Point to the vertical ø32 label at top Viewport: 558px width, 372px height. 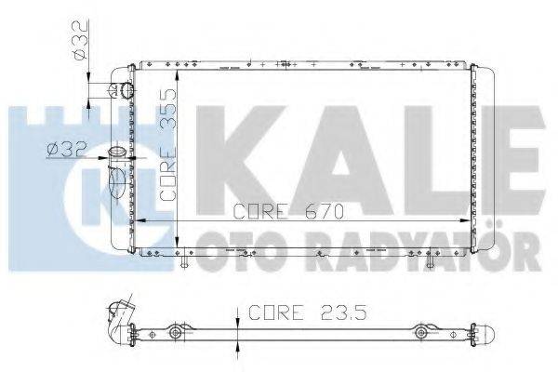pyautogui.click(x=81, y=41)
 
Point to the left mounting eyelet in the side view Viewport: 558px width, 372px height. pyautogui.click(x=175, y=332)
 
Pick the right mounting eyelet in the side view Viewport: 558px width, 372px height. pyautogui.click(x=422, y=332)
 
